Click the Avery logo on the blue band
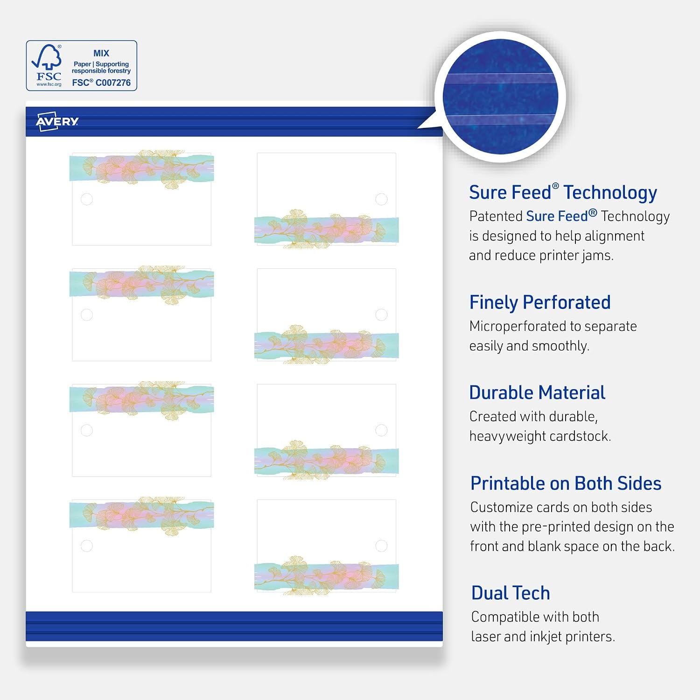[57, 121]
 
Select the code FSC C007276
[101, 83]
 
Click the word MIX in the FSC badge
[101, 53]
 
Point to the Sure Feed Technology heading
[563, 192]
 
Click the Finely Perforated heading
[540, 302]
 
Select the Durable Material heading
[537, 392]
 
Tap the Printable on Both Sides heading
[566, 483]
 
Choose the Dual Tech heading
[511, 593]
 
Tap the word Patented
[496, 216]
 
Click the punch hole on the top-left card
[87, 199]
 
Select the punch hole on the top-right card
[381, 199]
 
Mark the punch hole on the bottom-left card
[87, 546]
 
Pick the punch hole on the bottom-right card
[381, 546]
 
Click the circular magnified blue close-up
[500, 97]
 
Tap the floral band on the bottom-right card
[327, 576]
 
